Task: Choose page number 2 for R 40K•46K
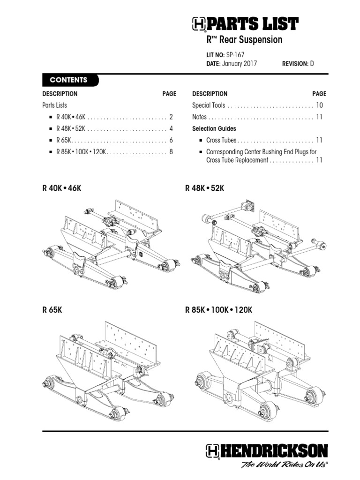(172, 117)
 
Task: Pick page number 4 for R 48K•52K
(172, 128)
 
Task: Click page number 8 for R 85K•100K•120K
(172, 152)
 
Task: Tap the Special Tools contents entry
(209, 105)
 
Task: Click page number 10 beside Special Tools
(319, 105)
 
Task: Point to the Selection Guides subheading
(214, 128)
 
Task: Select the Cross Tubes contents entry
(221, 140)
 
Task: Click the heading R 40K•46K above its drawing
(65, 188)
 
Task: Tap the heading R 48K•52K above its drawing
(205, 188)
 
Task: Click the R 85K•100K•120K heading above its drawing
(219, 310)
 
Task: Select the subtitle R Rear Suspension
(244, 40)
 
